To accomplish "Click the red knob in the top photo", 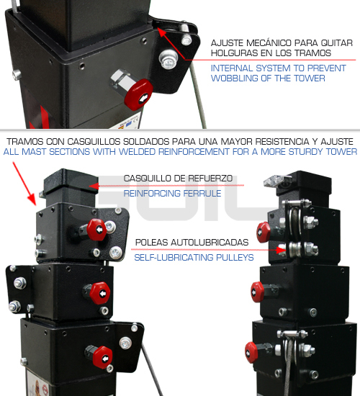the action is (x=138, y=94).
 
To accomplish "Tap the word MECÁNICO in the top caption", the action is (x=269, y=43).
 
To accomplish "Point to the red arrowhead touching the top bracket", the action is (x=162, y=32).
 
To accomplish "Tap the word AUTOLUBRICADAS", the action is (x=210, y=243).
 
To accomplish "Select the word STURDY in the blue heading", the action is (x=306, y=152).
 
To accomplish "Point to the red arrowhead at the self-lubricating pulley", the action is (x=281, y=250).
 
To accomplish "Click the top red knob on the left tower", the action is (x=96, y=229).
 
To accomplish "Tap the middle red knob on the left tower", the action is (x=100, y=293).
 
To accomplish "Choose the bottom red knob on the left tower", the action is (x=102, y=357).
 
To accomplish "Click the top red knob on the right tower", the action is (x=264, y=232).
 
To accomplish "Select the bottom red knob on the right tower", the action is (x=251, y=353).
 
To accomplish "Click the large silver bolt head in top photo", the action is (x=168, y=60).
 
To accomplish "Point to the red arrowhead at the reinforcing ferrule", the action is (x=94, y=186).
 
